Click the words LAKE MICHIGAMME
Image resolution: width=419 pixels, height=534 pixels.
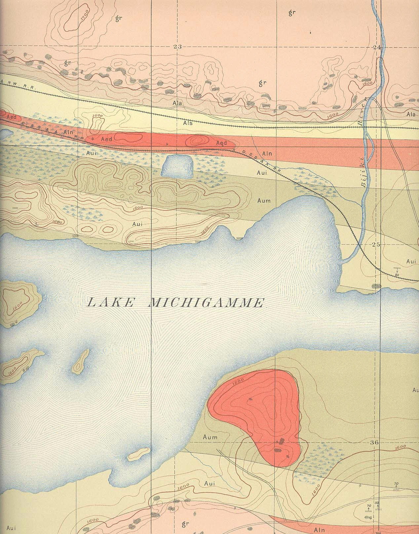(x=175, y=302)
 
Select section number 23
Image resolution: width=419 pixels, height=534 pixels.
(x=177, y=47)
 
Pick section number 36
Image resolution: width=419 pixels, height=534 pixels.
(x=376, y=442)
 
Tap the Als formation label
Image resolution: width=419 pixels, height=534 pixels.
(x=187, y=123)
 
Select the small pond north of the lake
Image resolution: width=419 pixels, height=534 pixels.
(x=177, y=166)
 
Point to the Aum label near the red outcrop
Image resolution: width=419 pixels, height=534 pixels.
(x=210, y=437)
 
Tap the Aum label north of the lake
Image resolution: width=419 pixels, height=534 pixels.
(x=264, y=201)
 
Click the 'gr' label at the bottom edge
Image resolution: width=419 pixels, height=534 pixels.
(x=185, y=524)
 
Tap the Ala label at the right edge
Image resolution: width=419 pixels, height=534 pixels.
(x=411, y=114)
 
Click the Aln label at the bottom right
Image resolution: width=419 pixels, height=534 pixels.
(x=320, y=530)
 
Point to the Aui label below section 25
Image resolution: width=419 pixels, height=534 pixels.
(x=411, y=261)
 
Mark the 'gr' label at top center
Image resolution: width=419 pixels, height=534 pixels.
(x=291, y=13)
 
